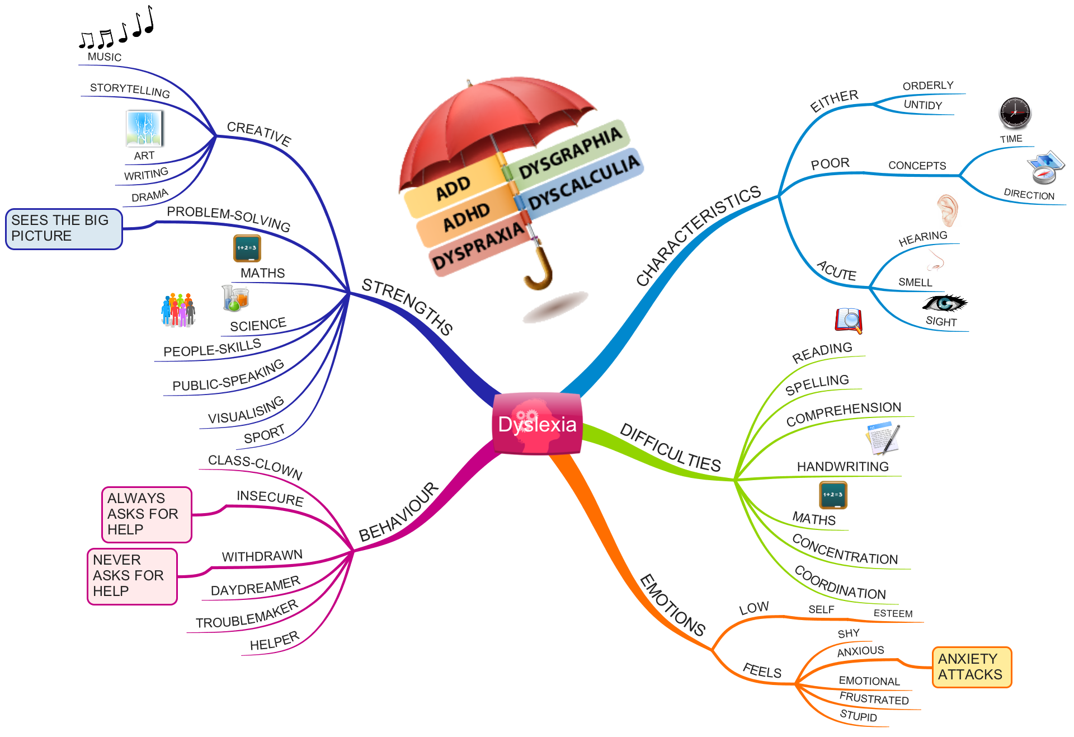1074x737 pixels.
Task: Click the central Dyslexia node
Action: (x=537, y=424)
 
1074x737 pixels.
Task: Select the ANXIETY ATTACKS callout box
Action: (x=971, y=666)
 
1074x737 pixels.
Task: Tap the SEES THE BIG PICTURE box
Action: (x=63, y=228)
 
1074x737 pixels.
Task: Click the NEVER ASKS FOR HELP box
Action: (x=132, y=576)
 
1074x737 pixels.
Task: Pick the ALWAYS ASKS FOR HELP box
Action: (x=147, y=514)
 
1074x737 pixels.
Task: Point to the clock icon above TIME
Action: (x=1015, y=112)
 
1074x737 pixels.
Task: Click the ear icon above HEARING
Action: (x=948, y=210)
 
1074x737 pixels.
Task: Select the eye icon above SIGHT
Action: (x=943, y=304)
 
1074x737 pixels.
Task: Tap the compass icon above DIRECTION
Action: (x=1044, y=168)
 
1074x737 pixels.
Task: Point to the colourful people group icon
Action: (x=178, y=310)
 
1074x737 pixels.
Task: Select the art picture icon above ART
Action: (x=144, y=128)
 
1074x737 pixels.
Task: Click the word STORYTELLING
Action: (x=130, y=90)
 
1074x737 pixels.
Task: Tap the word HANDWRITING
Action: (x=842, y=467)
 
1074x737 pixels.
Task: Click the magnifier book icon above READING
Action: (x=849, y=320)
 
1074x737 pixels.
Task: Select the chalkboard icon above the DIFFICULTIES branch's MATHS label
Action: (x=833, y=495)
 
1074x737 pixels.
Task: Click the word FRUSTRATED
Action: (x=874, y=698)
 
